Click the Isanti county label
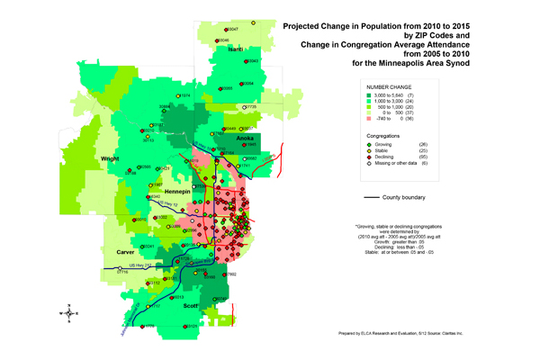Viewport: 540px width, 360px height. point(236,49)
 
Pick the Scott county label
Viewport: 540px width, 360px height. point(190,306)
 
